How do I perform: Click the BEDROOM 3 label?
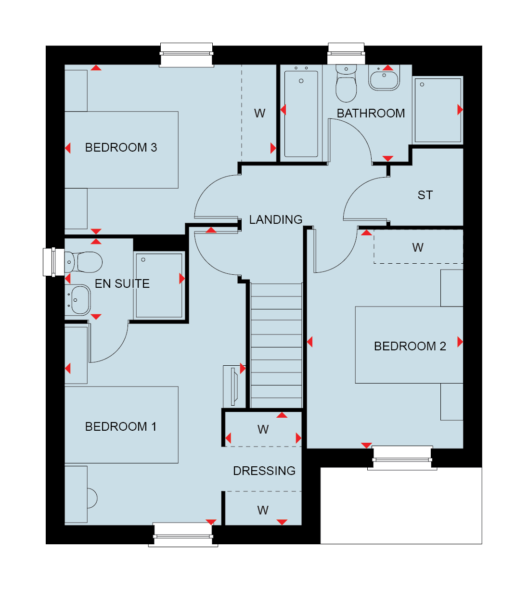[x=121, y=148]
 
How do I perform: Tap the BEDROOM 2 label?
[x=410, y=346]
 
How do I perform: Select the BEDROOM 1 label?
[x=121, y=427]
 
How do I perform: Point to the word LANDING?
[x=275, y=220]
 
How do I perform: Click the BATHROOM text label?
[x=371, y=114]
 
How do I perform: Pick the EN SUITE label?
[x=122, y=284]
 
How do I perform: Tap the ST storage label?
[x=425, y=195]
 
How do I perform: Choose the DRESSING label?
[x=264, y=471]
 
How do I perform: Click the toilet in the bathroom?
[x=346, y=84]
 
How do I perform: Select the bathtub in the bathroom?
[x=301, y=113]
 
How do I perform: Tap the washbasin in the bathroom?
[x=384, y=78]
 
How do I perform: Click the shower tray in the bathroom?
[x=438, y=110]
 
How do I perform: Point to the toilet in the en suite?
[x=83, y=262]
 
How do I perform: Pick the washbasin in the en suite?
[x=78, y=300]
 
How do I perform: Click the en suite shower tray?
[x=159, y=286]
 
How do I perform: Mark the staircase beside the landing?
[x=276, y=346]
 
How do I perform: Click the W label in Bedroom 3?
[x=259, y=114]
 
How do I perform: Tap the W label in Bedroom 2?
[x=418, y=248]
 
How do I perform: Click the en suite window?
[x=53, y=262]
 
